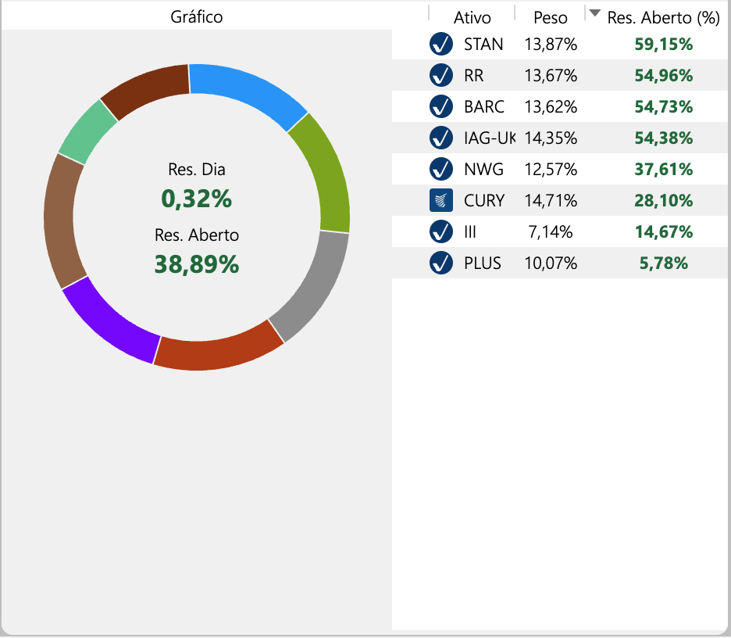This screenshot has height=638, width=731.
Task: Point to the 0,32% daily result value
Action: (x=197, y=199)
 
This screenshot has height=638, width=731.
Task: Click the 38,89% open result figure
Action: (x=197, y=265)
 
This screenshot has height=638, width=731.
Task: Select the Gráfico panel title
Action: (x=197, y=16)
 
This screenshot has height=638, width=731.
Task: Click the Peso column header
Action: (x=551, y=16)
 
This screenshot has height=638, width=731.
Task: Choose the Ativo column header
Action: (x=472, y=16)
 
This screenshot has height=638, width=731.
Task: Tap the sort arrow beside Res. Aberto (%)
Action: (x=595, y=13)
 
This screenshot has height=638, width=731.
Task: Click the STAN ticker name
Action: (x=483, y=44)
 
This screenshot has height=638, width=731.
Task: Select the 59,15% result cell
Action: (x=664, y=44)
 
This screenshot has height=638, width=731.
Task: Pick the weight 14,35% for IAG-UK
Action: (x=551, y=138)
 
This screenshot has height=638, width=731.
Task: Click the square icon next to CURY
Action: (x=441, y=200)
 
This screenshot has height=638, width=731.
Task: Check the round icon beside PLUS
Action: (x=441, y=263)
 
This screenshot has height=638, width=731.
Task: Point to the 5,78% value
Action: (x=664, y=263)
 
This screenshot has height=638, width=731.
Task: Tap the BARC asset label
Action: (x=484, y=106)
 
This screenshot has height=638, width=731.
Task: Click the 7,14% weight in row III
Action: (x=551, y=231)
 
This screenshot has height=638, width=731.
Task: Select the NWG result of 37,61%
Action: (x=664, y=169)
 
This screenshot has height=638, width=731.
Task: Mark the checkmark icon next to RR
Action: (x=441, y=75)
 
